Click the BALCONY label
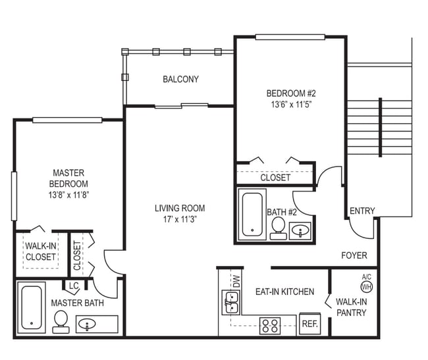pyautogui.click(x=180, y=80)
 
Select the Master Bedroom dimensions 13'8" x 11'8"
pyautogui.click(x=69, y=195)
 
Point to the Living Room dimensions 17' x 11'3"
pyautogui.click(x=176, y=219)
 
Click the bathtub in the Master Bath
pyautogui.click(x=31, y=307)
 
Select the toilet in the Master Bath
pyautogui.click(x=61, y=321)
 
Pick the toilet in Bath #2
pyautogui.click(x=278, y=227)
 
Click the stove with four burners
pyautogui.click(x=269, y=324)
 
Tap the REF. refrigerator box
pyautogui.click(x=309, y=324)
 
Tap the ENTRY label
pyautogui.click(x=361, y=211)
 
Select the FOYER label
pyautogui.click(x=354, y=255)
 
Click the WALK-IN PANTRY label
pyautogui.click(x=351, y=307)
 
